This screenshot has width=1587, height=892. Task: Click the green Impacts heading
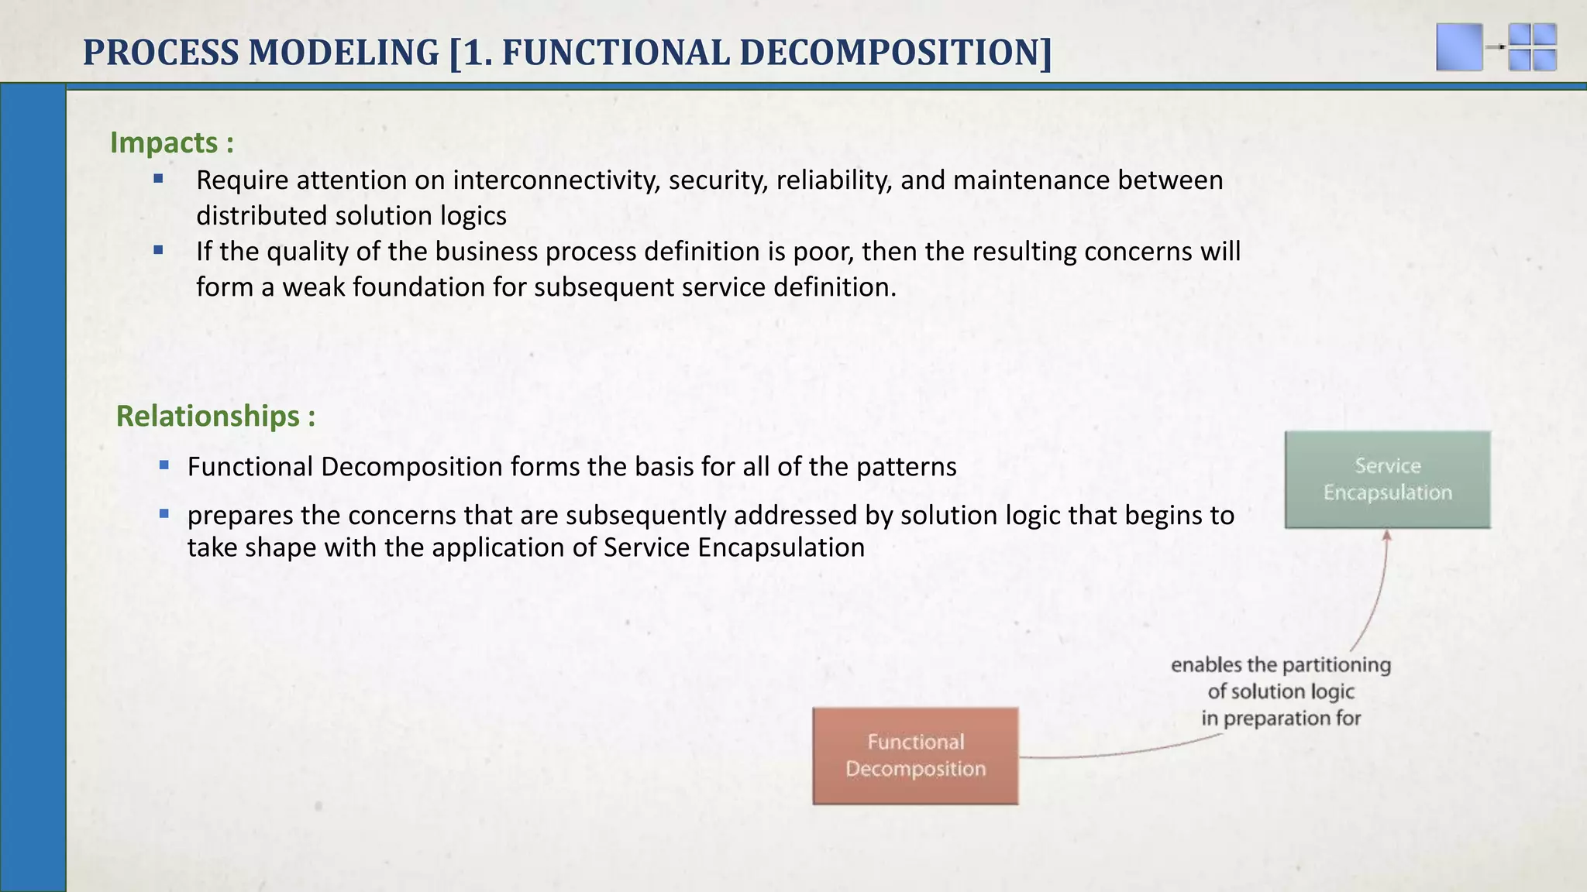171,143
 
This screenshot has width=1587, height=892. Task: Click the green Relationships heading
215,417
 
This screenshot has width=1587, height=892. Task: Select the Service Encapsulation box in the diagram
1387,479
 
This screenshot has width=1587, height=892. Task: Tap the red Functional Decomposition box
915,756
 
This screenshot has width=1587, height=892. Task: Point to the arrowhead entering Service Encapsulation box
1387,535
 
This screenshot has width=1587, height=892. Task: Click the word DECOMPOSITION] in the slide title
896,53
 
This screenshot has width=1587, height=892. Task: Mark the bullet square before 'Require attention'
158,179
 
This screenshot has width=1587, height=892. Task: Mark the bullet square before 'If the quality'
158,250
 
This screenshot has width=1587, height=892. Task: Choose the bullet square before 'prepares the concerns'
164,513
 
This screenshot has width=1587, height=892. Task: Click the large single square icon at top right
1459,47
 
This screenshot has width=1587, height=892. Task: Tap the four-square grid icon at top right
1532,47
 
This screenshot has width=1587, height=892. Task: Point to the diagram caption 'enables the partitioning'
1280,665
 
